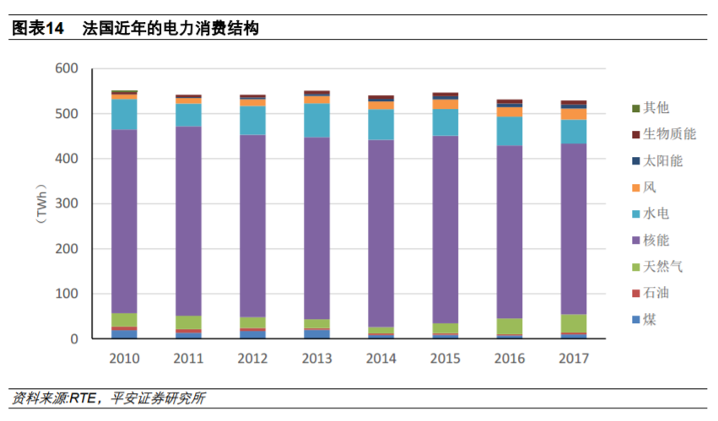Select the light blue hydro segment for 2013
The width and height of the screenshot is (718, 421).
tap(316, 120)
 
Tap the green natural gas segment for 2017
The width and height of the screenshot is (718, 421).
tap(574, 323)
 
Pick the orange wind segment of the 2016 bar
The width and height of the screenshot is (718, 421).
tap(509, 111)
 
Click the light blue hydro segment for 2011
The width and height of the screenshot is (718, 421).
tap(188, 115)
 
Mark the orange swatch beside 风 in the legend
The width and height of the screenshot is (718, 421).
tap(634, 187)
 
